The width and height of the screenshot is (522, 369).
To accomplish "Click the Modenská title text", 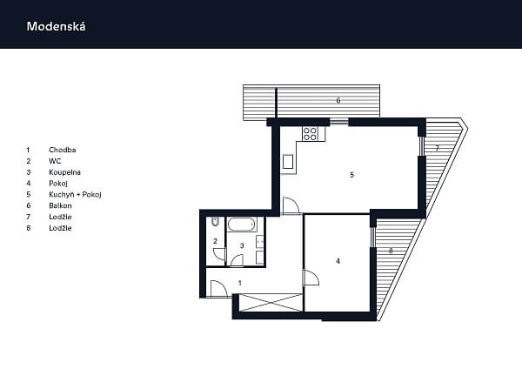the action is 56,26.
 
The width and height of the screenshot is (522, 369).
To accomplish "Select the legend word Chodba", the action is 63,150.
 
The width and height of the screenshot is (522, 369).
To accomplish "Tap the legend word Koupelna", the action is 64,172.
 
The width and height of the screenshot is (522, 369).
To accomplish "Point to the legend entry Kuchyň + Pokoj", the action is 75,194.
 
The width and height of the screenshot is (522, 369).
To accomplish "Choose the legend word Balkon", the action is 60,205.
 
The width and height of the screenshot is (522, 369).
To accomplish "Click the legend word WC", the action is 55,161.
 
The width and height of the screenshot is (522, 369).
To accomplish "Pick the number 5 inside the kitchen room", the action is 351,175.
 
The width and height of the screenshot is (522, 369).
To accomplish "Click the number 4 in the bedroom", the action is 338,261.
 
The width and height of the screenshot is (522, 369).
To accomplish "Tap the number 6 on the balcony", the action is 338,100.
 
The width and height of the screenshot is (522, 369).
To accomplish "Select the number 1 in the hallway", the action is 240,283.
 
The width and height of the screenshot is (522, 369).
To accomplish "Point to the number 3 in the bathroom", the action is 242,245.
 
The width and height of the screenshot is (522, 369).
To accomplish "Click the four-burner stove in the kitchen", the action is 310,133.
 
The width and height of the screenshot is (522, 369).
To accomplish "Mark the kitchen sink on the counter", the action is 288,162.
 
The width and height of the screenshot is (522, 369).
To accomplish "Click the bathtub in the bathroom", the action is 242,225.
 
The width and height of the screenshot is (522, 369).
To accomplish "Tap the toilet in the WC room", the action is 215,222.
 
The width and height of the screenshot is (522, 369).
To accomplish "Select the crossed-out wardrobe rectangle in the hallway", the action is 270,303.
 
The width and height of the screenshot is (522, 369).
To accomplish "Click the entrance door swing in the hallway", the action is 218,289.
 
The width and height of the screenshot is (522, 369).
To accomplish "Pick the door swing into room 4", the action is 311,278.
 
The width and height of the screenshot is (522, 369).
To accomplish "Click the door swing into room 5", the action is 291,205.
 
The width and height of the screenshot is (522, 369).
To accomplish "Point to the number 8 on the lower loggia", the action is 391,251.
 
